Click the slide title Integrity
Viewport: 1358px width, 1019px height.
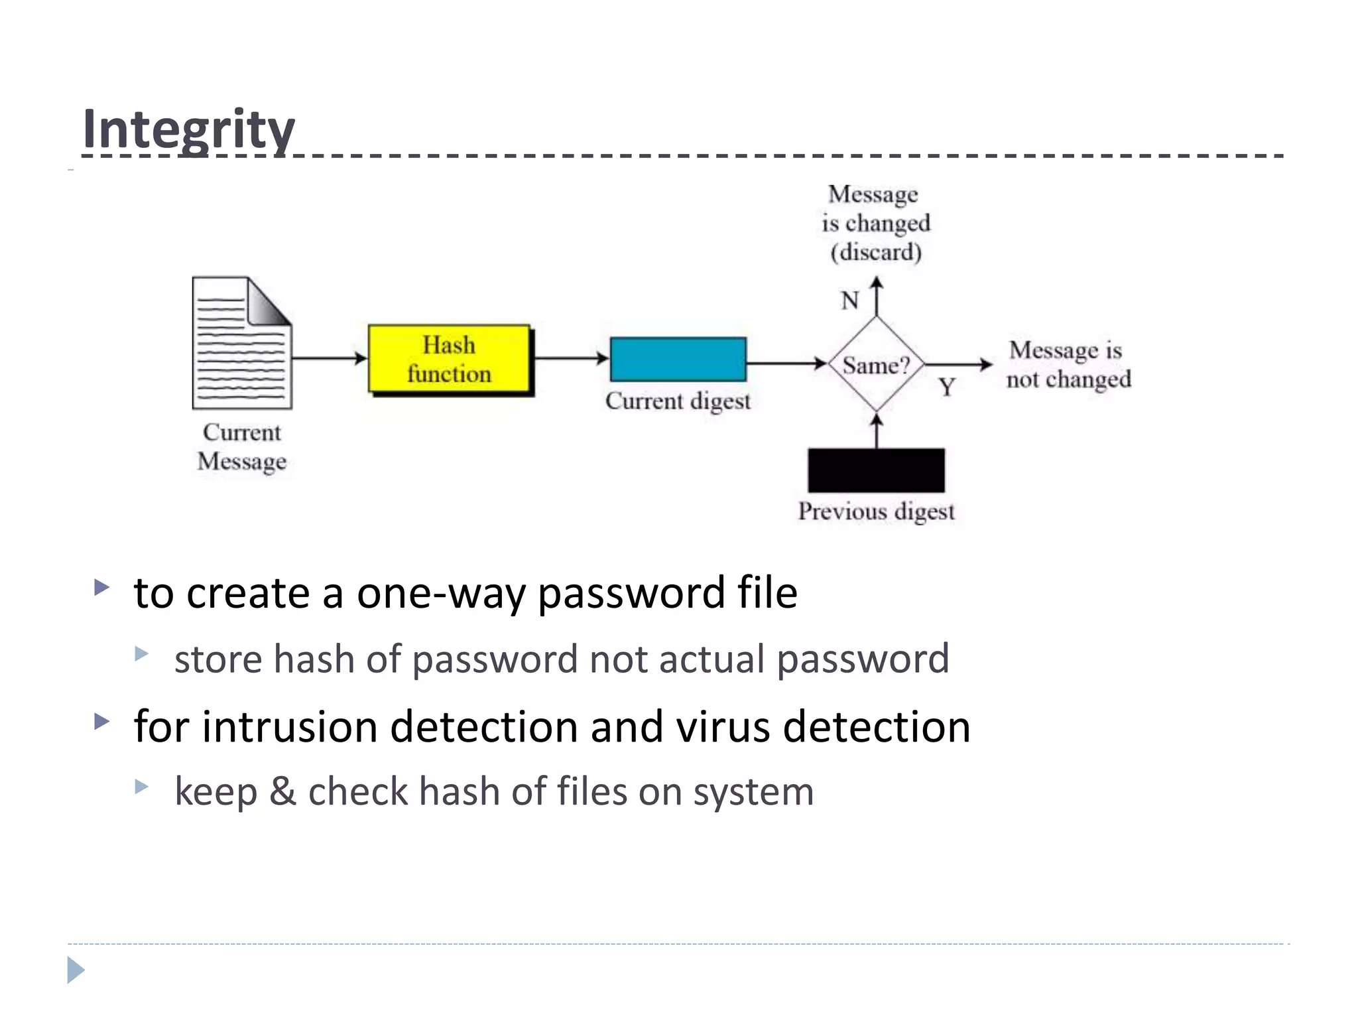coord(188,129)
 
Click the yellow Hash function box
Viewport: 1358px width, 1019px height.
coord(449,359)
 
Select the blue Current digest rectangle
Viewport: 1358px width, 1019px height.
coord(678,359)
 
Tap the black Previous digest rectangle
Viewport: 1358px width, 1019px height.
coord(876,470)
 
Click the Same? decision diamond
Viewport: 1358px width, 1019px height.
coord(876,364)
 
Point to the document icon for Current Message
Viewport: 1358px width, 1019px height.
coord(241,343)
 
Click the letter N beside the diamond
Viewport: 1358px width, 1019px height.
coord(849,301)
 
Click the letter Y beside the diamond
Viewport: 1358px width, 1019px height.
coord(947,387)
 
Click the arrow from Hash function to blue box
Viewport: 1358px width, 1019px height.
coord(571,359)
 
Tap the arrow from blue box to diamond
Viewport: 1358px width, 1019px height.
coord(786,364)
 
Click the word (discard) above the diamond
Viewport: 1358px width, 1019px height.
coord(876,253)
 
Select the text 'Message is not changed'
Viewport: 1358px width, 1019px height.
coord(1068,364)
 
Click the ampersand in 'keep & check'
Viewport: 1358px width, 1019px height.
coord(282,792)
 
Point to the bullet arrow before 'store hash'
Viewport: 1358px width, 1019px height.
coord(141,654)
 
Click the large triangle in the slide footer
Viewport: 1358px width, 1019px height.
coord(76,970)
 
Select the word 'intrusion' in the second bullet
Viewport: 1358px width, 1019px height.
coord(289,727)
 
